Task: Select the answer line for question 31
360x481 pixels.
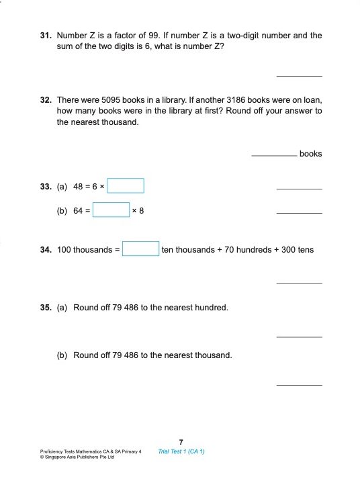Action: pyautogui.click(x=299, y=75)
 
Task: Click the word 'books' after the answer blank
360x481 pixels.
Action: pyautogui.click(x=310, y=154)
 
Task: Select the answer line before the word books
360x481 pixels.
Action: pyautogui.click(x=274, y=155)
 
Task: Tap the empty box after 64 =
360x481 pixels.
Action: pyautogui.click(x=111, y=210)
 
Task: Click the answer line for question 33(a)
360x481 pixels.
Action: pyautogui.click(x=299, y=189)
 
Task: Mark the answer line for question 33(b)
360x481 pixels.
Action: pyautogui.click(x=299, y=213)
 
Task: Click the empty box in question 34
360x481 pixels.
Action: pyautogui.click(x=140, y=249)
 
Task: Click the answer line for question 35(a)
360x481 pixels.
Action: pyautogui.click(x=299, y=337)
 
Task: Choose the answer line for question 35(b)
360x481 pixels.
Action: pyautogui.click(x=299, y=384)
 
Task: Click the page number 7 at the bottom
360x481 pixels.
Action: pyautogui.click(x=181, y=441)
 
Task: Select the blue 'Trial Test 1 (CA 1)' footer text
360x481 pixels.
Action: pyautogui.click(x=181, y=451)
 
